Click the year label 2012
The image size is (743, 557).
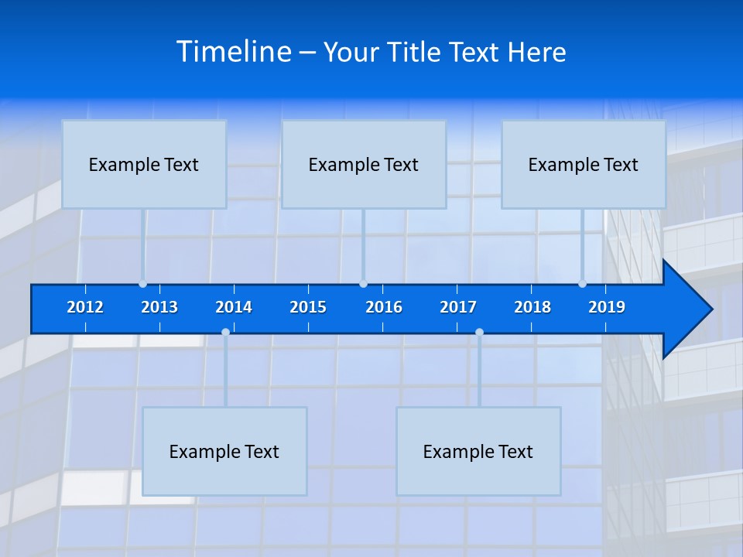point(85,307)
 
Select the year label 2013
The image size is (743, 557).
point(159,307)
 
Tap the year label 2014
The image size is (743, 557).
point(234,307)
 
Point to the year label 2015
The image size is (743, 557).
point(308,307)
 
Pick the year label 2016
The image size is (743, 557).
point(384,307)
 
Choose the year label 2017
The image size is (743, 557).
point(458,307)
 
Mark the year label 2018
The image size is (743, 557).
point(532,307)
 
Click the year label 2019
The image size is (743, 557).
point(607,307)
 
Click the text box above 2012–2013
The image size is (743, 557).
point(144,164)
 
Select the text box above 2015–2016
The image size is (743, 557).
point(364,164)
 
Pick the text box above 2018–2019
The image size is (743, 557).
point(584,164)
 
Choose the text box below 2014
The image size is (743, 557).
point(224,451)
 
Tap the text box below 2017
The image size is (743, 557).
point(478,451)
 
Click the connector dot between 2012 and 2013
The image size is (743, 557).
point(142,284)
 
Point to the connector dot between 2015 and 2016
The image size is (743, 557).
point(363,284)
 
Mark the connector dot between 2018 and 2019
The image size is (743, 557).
point(582,284)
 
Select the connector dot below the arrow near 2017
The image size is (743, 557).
point(479,333)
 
